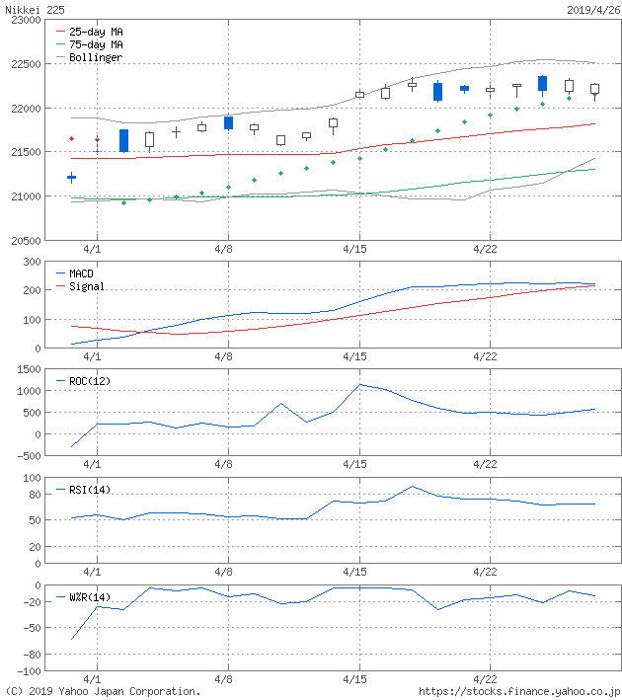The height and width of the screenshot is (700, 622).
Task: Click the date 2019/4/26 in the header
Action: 592,9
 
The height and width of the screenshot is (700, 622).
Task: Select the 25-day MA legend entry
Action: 96,32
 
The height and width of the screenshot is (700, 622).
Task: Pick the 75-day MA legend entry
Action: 96,44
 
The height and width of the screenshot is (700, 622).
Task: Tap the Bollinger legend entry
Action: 96,57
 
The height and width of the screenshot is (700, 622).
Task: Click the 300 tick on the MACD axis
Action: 30,262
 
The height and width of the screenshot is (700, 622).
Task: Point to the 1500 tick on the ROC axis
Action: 27,368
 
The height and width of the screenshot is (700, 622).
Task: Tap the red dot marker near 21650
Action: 71,138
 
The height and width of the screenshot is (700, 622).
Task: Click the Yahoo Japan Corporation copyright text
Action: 103,691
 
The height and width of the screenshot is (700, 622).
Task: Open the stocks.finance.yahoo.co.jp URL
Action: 519,691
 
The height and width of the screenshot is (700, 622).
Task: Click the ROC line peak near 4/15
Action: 360,384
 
